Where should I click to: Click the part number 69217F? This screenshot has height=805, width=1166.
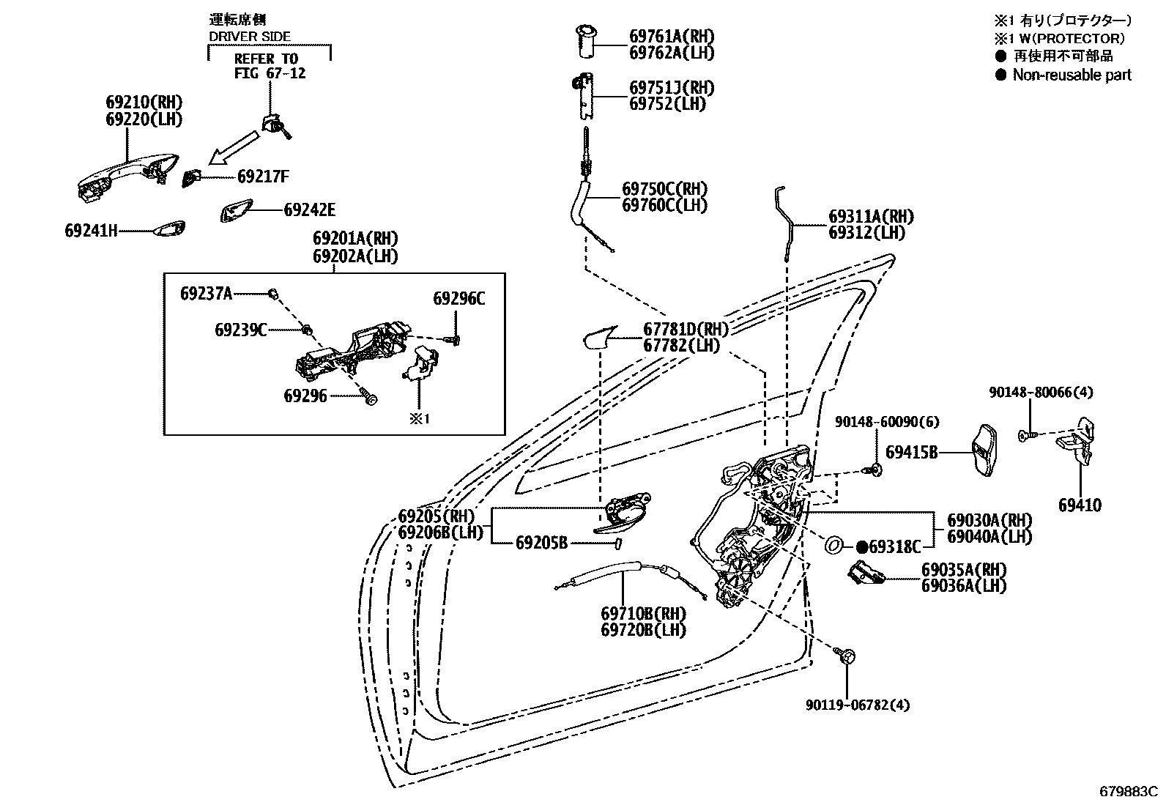[x=263, y=177]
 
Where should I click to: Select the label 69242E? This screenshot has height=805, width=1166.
[x=309, y=210]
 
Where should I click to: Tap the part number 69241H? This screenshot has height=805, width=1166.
[x=91, y=231]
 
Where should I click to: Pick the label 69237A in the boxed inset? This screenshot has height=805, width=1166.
[x=206, y=294]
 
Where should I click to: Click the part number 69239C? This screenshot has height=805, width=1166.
[x=240, y=330]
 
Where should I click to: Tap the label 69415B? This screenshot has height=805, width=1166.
[x=911, y=453]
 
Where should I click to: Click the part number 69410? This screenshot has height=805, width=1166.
[x=1080, y=505]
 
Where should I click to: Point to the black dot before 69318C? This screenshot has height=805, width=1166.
[x=862, y=546]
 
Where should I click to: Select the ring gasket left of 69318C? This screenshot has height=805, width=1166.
[x=833, y=546]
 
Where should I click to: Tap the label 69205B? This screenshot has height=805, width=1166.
[x=541, y=543]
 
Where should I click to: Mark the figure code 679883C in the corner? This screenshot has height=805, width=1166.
[x=1128, y=791]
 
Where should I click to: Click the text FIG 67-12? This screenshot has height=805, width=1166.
[x=270, y=73]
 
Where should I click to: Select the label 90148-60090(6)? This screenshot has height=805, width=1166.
[x=888, y=422]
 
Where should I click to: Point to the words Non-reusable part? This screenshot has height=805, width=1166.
[x=1072, y=75]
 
